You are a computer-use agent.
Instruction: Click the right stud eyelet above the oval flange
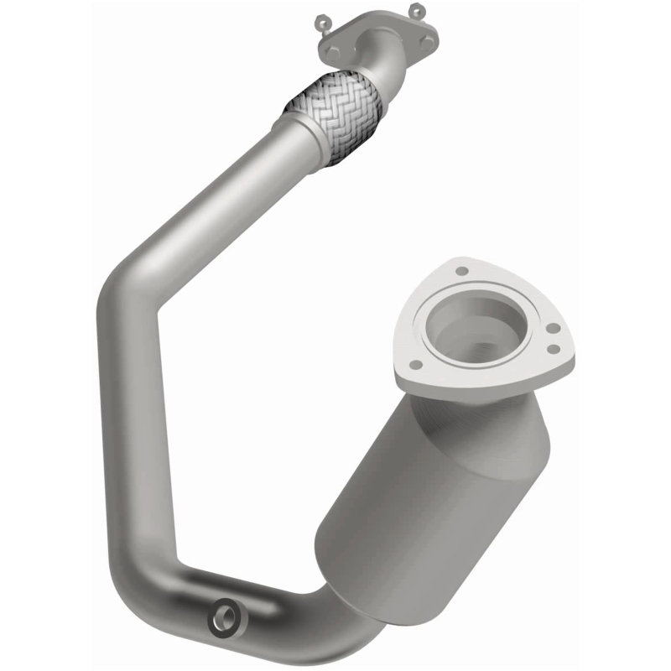tap(416, 9)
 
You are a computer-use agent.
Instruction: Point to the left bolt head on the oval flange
tap(335, 51)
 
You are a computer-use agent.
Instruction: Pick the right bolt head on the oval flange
tap(429, 40)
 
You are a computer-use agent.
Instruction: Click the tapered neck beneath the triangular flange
tap(470, 411)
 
